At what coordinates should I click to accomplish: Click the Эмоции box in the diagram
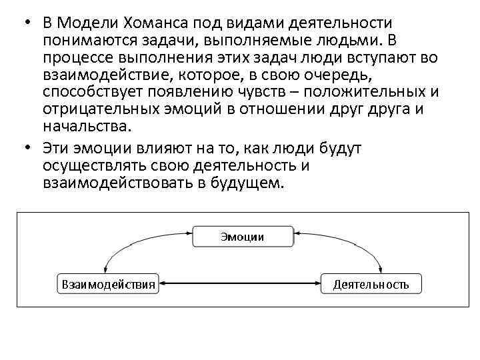point(243,237)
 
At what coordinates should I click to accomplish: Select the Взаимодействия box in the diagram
point(109,284)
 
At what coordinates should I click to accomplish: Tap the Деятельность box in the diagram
point(371,284)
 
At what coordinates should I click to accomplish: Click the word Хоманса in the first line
point(140,23)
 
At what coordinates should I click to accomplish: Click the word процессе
point(75,58)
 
